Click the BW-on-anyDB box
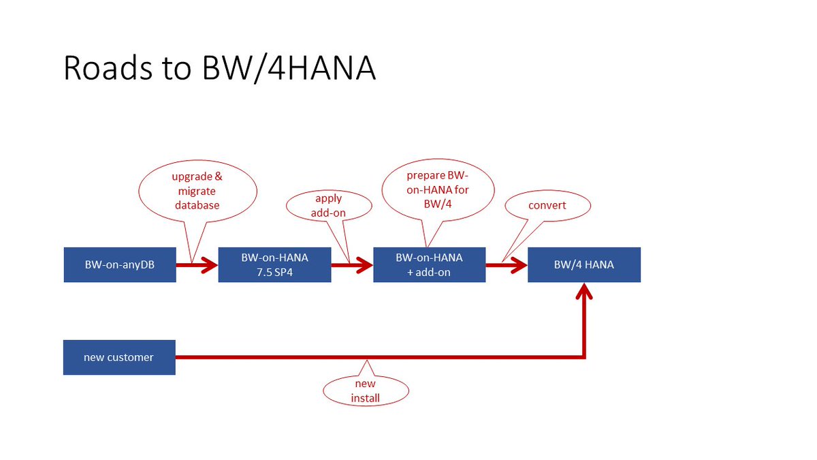pos(120,264)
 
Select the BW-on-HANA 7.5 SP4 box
pos(274,264)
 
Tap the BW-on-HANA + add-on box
pos(429,264)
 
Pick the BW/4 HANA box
pos(583,264)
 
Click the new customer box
pos(119,357)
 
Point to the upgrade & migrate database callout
pos(197,190)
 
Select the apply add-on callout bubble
pos(328,205)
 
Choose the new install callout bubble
pos(366,390)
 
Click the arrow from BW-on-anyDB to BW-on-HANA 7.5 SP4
pos(197,264)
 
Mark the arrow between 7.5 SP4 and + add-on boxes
pos(352,264)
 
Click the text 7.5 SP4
pos(274,271)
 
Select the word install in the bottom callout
pos(366,397)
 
